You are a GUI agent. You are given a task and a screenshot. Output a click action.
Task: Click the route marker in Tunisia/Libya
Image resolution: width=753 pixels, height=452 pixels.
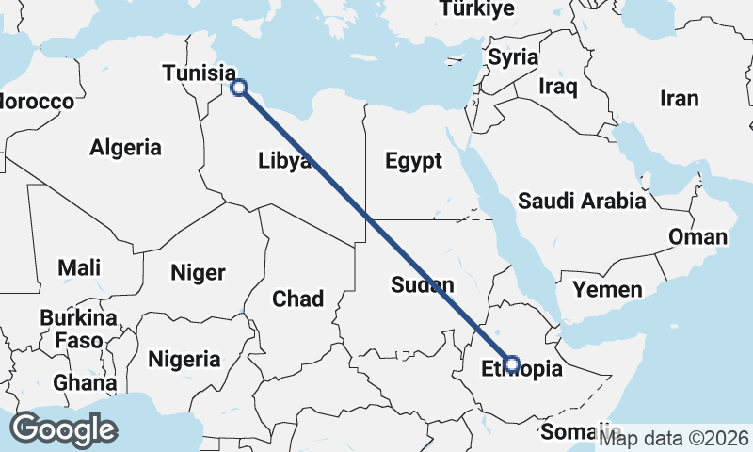[x=239, y=88]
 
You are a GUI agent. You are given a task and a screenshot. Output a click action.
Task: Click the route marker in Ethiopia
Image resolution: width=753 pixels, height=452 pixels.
[x=512, y=363]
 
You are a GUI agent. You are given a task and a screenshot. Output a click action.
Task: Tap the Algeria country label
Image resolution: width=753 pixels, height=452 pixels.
[x=126, y=147]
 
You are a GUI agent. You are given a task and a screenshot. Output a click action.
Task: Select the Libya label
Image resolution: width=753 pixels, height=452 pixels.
[x=284, y=161]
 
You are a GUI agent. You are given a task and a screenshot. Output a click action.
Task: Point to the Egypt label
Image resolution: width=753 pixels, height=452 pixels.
[x=413, y=161]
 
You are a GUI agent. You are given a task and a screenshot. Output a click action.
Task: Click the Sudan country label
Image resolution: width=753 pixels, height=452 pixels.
[x=423, y=284]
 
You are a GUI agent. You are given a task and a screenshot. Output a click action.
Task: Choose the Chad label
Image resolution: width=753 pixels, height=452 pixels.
[x=297, y=299]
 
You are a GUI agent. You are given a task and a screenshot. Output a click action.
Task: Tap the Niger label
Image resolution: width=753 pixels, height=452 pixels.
[x=198, y=273]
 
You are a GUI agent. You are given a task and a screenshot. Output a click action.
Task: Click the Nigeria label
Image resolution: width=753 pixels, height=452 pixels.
[x=184, y=359]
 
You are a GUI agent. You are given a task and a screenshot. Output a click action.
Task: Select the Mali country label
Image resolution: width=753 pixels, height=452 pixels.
[x=79, y=267]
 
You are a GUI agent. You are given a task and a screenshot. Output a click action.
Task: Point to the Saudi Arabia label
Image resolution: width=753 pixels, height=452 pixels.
[x=582, y=201]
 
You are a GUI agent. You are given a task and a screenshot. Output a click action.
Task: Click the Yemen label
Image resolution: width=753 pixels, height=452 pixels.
[x=607, y=289]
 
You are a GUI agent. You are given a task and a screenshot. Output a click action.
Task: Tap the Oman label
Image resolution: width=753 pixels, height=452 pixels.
[x=697, y=236]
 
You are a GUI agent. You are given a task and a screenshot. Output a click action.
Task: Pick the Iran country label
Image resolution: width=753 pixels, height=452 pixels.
[x=679, y=98]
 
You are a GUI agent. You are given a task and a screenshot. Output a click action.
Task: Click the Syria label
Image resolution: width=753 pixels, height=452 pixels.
[x=513, y=56]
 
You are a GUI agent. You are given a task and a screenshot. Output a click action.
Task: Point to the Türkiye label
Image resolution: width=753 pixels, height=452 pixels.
[x=476, y=9]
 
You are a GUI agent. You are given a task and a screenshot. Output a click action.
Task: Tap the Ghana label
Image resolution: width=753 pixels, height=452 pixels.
[x=85, y=383]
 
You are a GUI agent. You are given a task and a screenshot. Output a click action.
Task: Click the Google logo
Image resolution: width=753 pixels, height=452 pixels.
[x=64, y=428]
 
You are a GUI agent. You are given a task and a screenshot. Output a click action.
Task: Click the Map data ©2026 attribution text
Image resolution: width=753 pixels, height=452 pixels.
[x=674, y=437]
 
